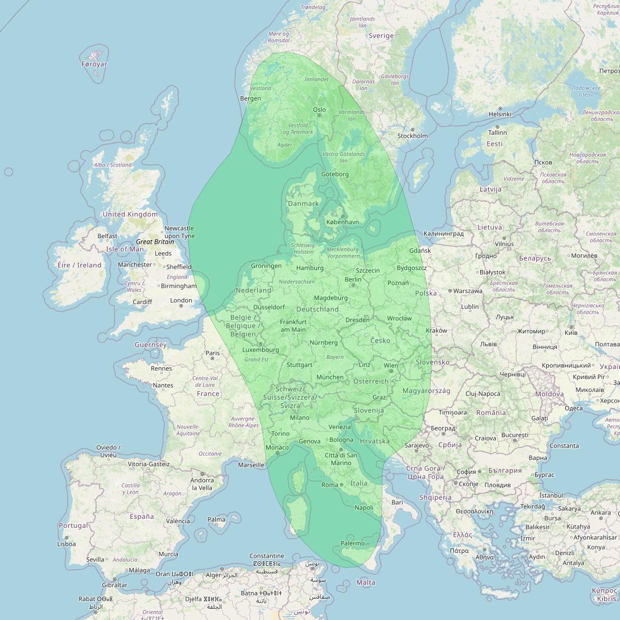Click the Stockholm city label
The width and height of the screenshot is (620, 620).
pos(413,136)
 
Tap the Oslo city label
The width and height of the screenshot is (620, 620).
pos(319,110)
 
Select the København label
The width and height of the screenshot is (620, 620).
pos(343,222)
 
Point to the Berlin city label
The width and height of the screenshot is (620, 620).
pos(353,280)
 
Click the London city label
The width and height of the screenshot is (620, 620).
pos(181,300)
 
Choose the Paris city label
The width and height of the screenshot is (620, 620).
pos(212,353)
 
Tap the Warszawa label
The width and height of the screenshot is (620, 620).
pos(468,291)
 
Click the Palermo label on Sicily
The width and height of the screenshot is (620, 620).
pos(353,543)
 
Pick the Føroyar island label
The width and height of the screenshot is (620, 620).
pos(94,64)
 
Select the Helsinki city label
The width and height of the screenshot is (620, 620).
pos(500,114)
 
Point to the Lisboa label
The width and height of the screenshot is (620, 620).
pos(66,543)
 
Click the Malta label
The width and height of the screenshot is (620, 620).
pos(366,583)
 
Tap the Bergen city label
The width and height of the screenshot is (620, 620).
pos(250,98)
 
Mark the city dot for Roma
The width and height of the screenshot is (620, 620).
pos(342,485)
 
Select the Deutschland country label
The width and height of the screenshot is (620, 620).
pos(318,309)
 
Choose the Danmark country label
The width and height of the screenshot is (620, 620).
pos(303,203)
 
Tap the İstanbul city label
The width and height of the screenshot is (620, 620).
pos(551,495)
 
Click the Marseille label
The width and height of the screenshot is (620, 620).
pos(250,465)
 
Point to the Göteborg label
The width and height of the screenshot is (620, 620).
pos(335,174)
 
